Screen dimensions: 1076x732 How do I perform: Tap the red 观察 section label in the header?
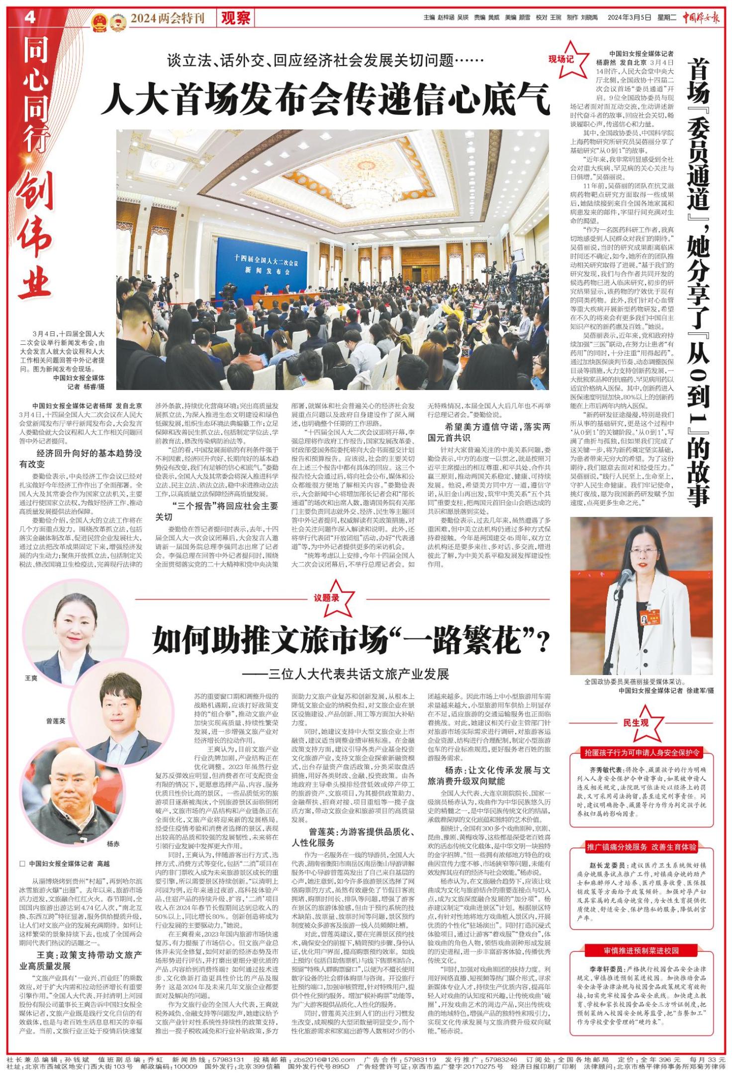pyautogui.click(x=236, y=19)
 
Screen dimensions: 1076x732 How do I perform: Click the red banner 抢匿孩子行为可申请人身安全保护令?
pyautogui.click(x=643, y=753)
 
